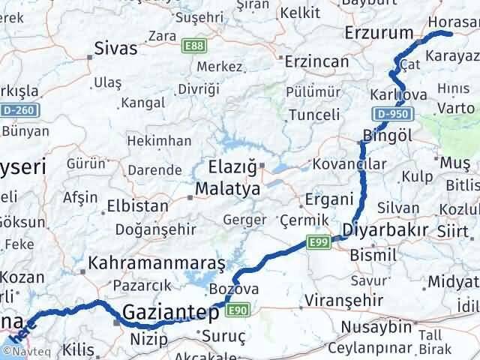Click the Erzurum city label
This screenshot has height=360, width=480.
tap(379, 33)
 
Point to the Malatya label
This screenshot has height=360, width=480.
tap(228, 189)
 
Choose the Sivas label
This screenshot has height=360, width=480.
tap(115, 49)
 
